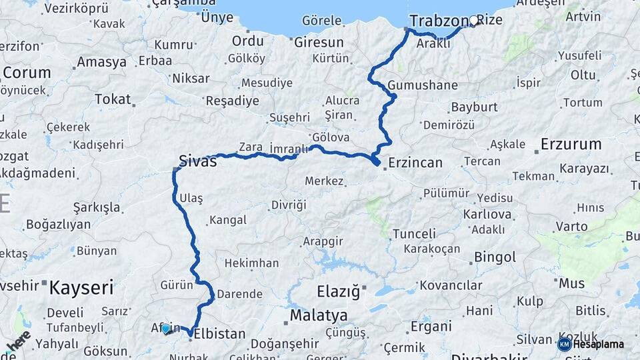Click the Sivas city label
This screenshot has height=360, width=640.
pyautogui.click(x=198, y=160)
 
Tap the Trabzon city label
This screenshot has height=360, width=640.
pyautogui.click(x=437, y=20)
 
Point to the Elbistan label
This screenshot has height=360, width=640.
pyautogui.click(x=219, y=334)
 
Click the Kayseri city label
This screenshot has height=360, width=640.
pyautogui.click(x=82, y=289)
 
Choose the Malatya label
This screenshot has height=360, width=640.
pyautogui.click(x=319, y=315)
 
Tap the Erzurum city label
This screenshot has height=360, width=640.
pyautogui.click(x=571, y=144)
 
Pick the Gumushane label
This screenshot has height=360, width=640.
pyautogui.click(x=423, y=85)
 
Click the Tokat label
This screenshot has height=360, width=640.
pyautogui.click(x=113, y=99)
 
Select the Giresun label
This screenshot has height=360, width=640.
pyautogui.click(x=319, y=42)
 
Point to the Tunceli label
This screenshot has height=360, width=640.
pyautogui.click(x=414, y=234)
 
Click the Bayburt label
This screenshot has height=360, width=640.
pyautogui.click(x=474, y=107)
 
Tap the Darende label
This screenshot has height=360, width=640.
pyautogui.click(x=240, y=293)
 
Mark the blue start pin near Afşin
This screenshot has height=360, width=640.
pyautogui.click(x=165, y=328)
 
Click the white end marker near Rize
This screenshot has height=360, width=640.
pyautogui.click(x=474, y=21)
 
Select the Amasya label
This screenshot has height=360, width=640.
pyautogui.click(x=101, y=62)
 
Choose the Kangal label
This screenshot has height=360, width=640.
pyautogui.click(x=228, y=220)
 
